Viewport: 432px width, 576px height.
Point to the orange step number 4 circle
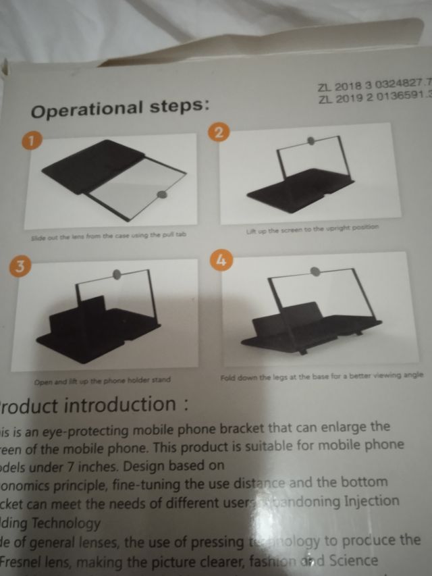[221, 260]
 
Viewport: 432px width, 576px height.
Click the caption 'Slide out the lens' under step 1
[108, 238]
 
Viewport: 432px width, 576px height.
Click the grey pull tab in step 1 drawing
[162, 195]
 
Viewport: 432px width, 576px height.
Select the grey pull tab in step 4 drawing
[314, 271]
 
